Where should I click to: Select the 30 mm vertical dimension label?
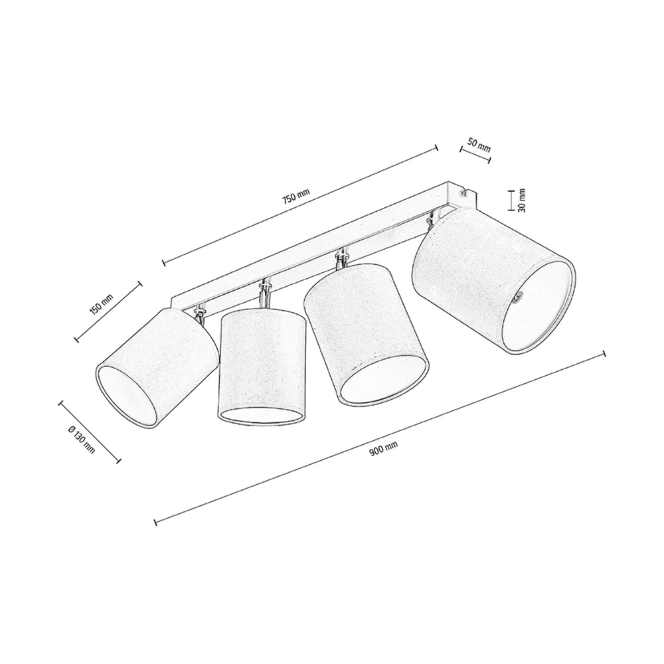(x=521, y=201)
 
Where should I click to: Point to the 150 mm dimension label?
(x=102, y=304)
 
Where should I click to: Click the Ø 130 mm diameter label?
(x=81, y=440)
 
